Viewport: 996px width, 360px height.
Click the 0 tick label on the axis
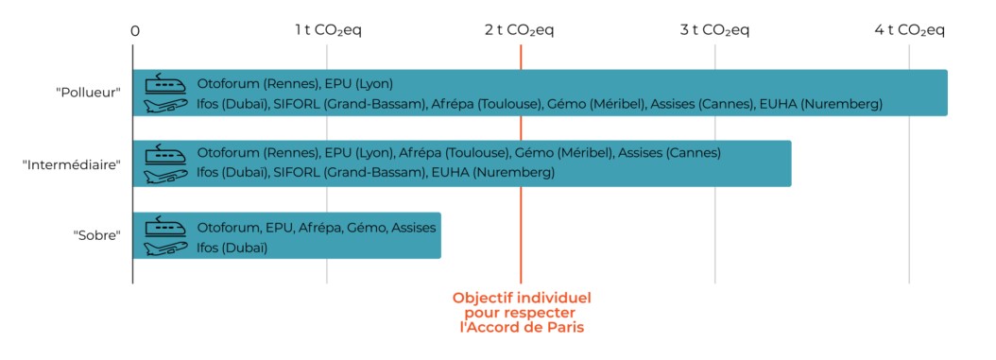pos(135,30)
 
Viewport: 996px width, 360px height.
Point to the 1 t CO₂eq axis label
pos(328,30)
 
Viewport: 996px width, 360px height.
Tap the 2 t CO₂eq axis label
pos(520,30)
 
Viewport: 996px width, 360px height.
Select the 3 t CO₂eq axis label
pos(714,30)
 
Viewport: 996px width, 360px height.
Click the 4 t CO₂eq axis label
pos(909,30)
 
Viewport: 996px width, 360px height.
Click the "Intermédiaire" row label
pos(72,164)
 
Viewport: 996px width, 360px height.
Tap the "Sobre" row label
pos(97,235)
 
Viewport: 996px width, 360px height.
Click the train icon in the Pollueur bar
pos(165,82)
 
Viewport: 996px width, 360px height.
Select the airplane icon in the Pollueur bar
pos(165,104)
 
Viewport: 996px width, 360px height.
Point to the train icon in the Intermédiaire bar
pos(165,153)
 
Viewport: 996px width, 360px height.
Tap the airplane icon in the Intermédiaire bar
pos(165,175)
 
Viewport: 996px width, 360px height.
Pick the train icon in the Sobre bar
pos(165,225)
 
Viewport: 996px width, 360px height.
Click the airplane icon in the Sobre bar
pos(165,248)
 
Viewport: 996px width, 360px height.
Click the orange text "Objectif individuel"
pos(521,298)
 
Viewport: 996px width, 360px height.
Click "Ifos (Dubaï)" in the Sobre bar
pos(232,248)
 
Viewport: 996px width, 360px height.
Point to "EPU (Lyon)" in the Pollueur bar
pos(358,82)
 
